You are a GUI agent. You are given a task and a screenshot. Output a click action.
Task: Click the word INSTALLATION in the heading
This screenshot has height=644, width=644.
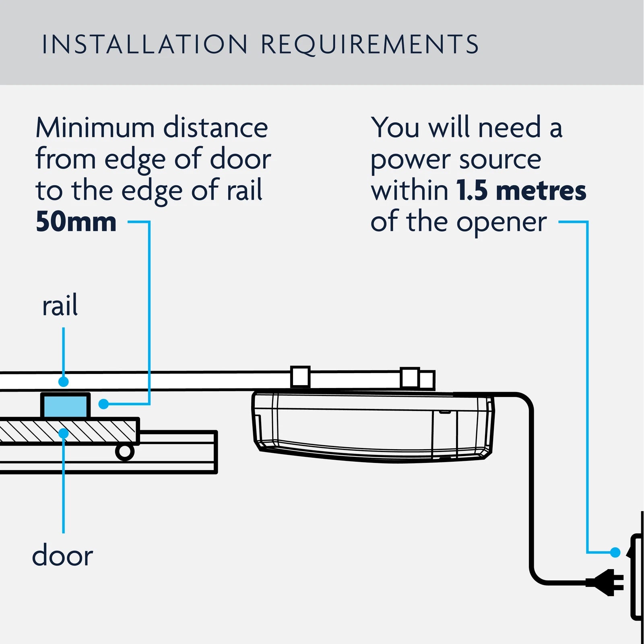click(145, 44)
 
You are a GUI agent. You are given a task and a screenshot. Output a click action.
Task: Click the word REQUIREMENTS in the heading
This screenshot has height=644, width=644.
click(369, 44)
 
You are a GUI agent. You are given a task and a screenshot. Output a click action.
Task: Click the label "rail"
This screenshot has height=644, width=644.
click(60, 306)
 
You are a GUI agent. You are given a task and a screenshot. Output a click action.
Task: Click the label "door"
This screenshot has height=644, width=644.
click(62, 555)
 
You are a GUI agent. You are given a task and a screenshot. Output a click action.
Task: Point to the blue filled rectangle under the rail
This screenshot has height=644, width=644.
click(65, 406)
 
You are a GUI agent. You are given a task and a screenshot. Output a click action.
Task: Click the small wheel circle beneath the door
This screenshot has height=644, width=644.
click(125, 452)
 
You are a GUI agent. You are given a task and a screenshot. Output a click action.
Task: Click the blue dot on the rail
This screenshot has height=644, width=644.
click(63, 381)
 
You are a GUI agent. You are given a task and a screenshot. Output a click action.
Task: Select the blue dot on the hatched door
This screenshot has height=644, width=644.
click(64, 433)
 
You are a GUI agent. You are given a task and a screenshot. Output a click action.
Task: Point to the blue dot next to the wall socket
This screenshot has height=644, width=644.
click(615, 552)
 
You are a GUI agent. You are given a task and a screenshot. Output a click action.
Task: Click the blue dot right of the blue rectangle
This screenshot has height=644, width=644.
click(104, 404)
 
